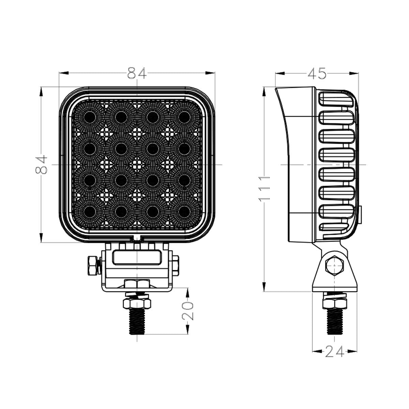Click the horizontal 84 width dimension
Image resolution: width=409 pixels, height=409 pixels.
[x=137, y=73]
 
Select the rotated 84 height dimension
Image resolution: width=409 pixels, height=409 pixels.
[x=41, y=165]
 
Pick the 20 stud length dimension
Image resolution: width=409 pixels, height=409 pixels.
[x=188, y=310]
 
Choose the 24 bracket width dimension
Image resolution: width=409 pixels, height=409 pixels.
[x=334, y=351]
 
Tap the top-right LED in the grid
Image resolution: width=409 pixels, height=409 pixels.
[x=184, y=117]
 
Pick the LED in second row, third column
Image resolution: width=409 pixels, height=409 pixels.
[x=153, y=148]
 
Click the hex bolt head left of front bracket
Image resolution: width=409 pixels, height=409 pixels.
[x=92, y=266]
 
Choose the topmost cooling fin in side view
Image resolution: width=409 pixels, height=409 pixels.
[x=336, y=100]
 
